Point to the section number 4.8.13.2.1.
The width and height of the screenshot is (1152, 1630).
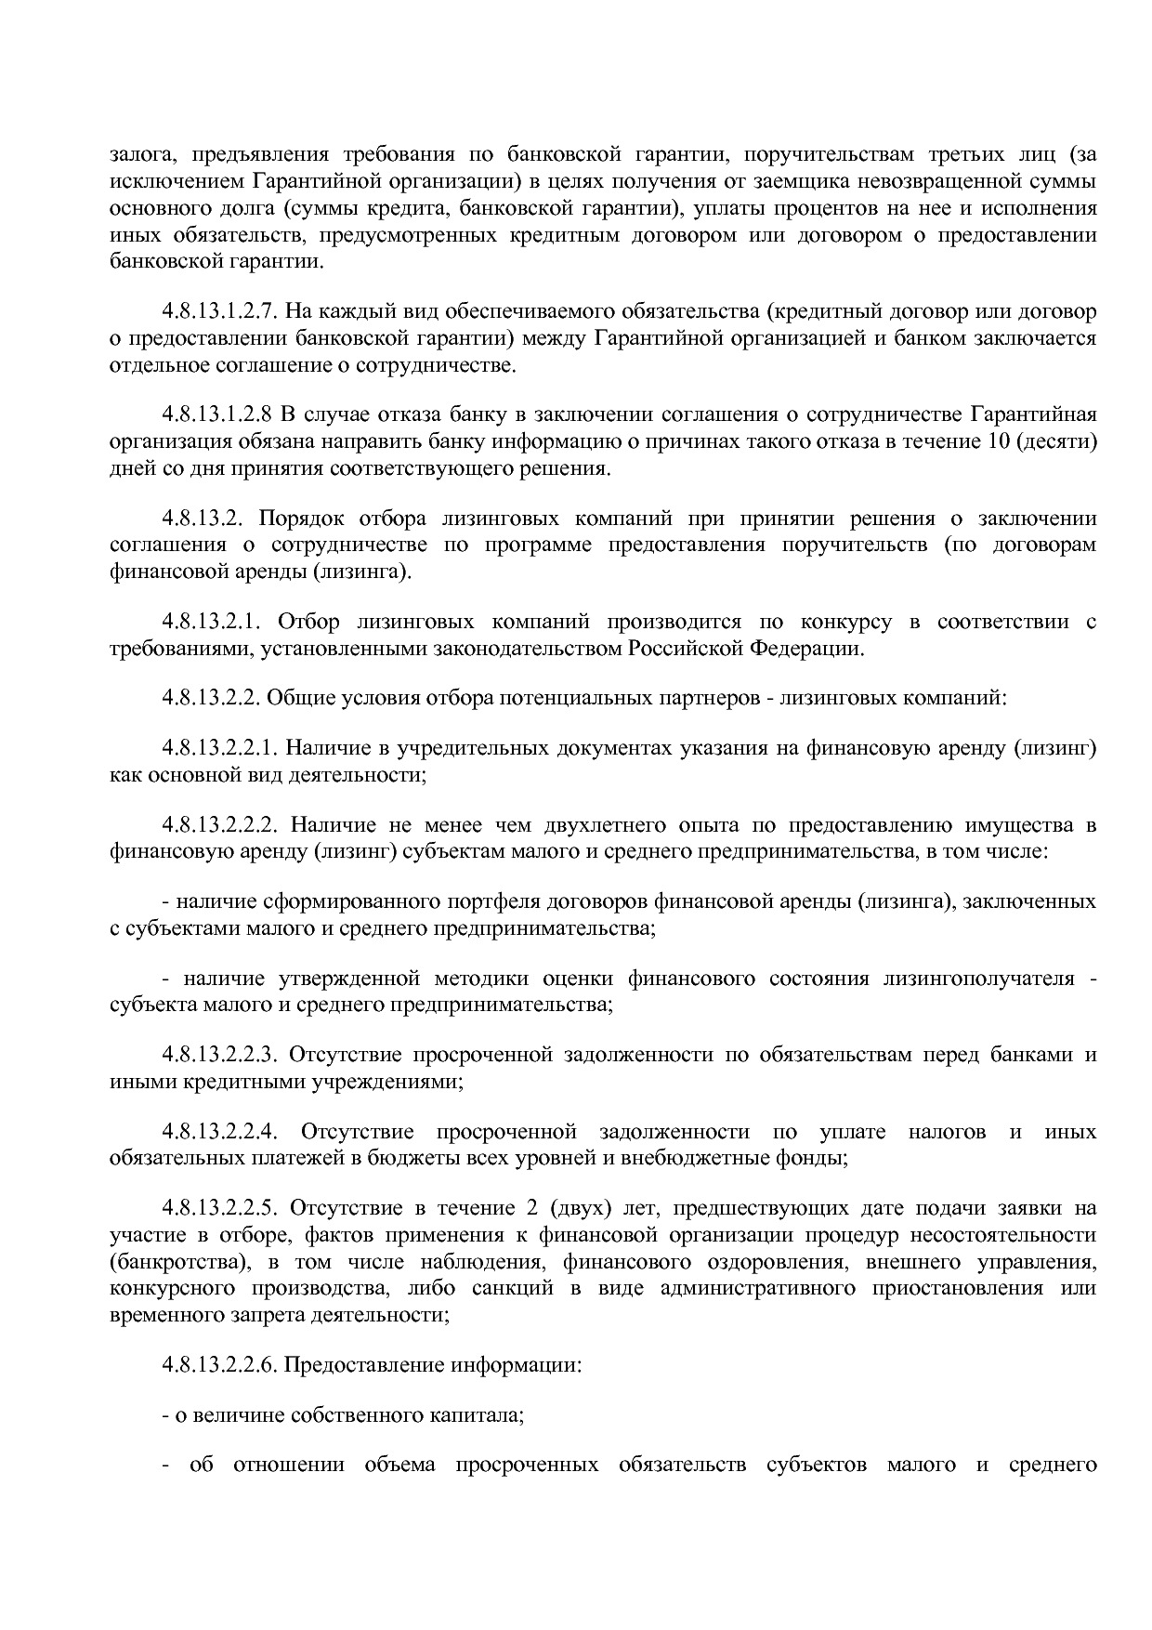coord(210,621)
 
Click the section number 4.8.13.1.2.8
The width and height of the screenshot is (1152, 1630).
coord(216,413)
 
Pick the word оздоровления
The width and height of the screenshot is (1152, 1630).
coord(771,1262)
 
